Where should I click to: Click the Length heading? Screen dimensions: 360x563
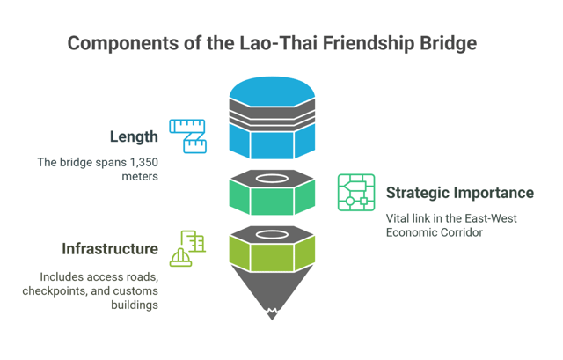(134, 136)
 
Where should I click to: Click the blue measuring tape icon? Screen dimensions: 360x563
(187, 136)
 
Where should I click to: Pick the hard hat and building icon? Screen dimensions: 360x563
(187, 248)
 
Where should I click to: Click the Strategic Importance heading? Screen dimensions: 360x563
(460, 192)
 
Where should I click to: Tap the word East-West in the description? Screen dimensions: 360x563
(505, 217)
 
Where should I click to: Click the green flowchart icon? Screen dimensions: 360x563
(356, 193)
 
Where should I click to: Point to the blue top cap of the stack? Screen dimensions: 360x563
(272, 88)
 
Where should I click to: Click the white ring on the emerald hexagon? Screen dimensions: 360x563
(272, 179)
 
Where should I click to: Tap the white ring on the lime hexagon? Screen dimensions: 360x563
(272, 233)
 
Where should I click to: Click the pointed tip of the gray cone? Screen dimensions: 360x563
(272, 315)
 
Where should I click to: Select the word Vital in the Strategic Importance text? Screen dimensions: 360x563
(399, 217)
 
